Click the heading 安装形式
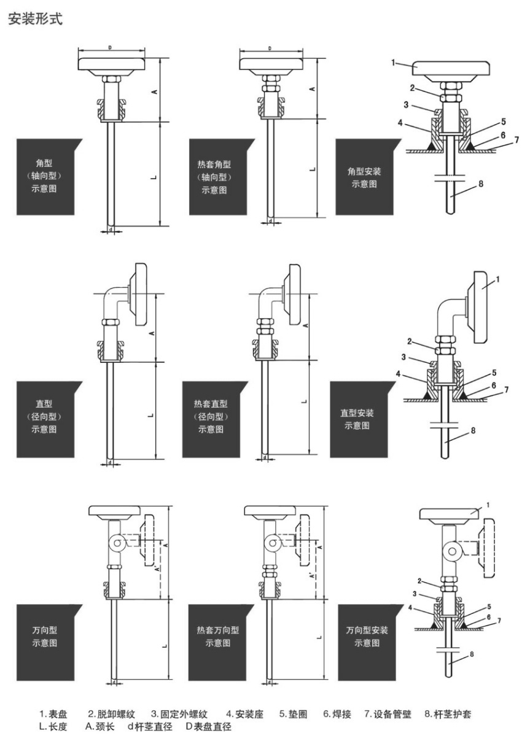35,18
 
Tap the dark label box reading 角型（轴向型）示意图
49,177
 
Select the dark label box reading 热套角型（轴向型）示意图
222,177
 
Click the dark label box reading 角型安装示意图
368,177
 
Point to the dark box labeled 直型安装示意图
363,419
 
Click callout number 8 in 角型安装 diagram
481,184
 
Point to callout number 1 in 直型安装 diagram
497,279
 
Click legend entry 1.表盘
53,714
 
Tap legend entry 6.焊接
337,714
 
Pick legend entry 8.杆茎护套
448,714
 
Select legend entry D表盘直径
209,726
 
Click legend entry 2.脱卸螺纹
112,714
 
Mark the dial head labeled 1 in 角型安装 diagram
451,68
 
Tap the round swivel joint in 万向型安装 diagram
452,551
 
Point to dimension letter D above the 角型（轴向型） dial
110,48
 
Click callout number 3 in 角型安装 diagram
406,105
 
